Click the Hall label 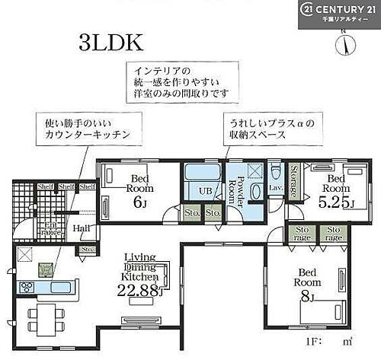(81, 228)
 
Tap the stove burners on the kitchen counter (24, 287)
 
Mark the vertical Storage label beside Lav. (295, 180)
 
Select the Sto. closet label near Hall (86, 249)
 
